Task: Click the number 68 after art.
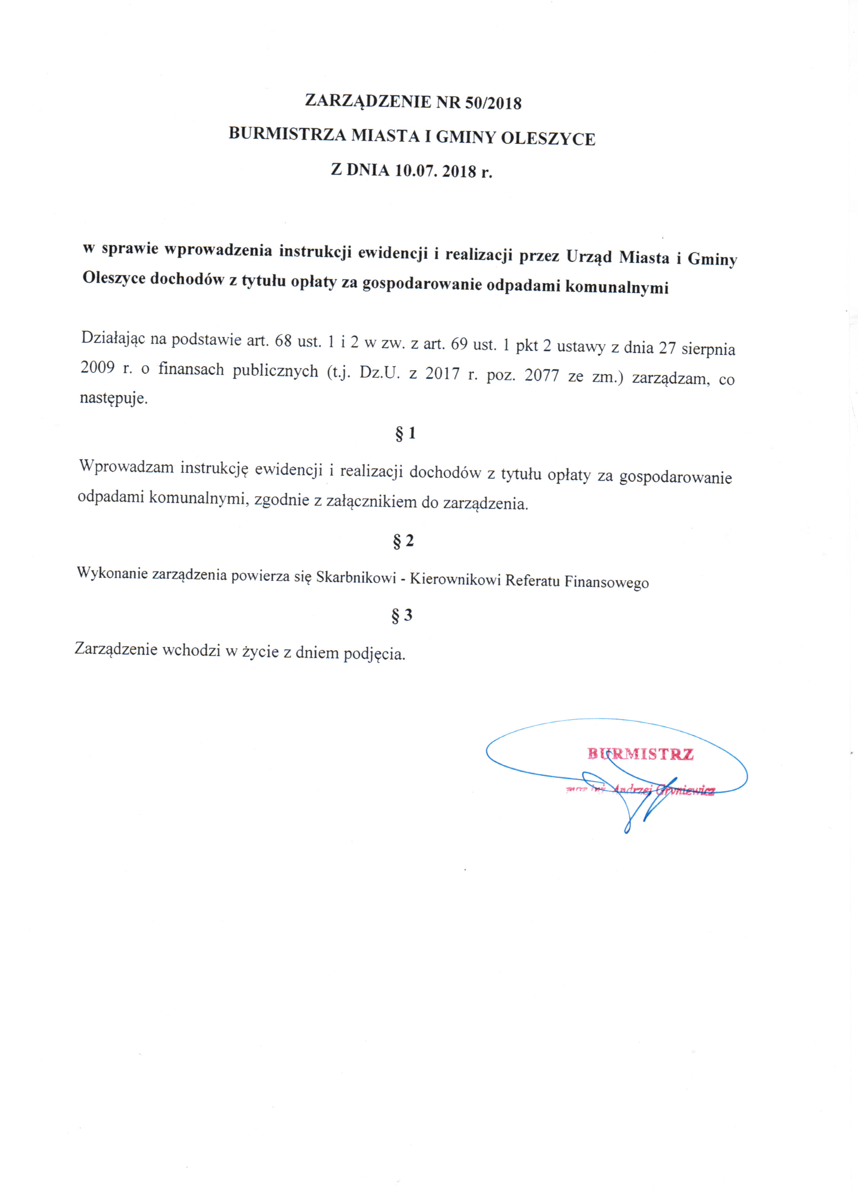tap(283, 341)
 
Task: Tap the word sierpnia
tap(708, 349)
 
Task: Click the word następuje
tap(113, 399)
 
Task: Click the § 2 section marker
tap(403, 541)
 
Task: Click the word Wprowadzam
tap(126, 466)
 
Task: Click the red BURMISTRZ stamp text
tap(640, 754)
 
